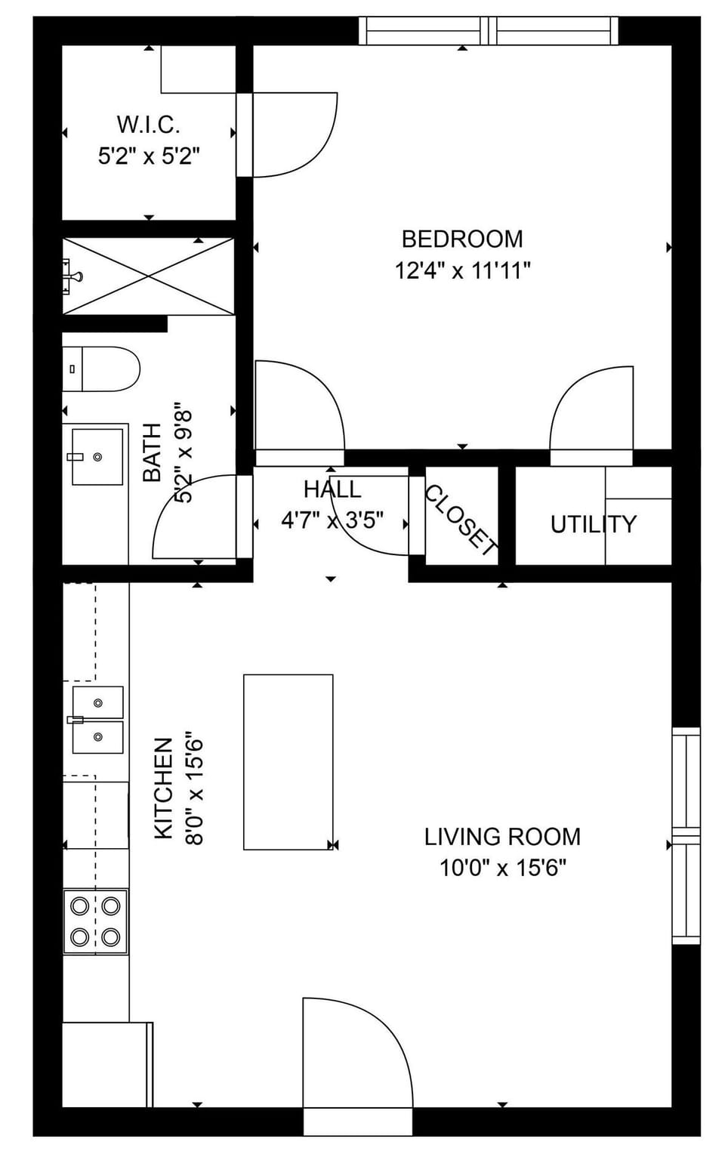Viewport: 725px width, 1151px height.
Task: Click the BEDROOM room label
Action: [x=461, y=239]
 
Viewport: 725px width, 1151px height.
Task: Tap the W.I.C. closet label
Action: [x=148, y=124]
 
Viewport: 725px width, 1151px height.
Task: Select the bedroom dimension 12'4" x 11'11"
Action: [x=462, y=270]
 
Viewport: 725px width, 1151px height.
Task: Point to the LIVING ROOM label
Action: [x=502, y=836]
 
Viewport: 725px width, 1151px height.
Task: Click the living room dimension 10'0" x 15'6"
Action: [x=502, y=868]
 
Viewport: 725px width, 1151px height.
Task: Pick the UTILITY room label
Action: [x=593, y=523]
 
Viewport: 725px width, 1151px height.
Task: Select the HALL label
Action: [x=332, y=489]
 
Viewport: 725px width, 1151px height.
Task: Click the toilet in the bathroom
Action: [x=102, y=369]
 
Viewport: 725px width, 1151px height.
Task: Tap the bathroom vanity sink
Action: [x=97, y=456]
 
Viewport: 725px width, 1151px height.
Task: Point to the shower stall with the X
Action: [x=149, y=276]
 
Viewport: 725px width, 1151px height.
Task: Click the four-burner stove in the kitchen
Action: [x=95, y=921]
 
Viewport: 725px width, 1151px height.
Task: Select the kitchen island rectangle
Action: [x=288, y=761]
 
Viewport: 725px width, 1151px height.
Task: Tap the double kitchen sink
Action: [x=97, y=720]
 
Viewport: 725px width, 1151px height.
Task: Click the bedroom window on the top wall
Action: [x=489, y=30]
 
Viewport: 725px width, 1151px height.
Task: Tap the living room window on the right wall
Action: [x=686, y=835]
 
